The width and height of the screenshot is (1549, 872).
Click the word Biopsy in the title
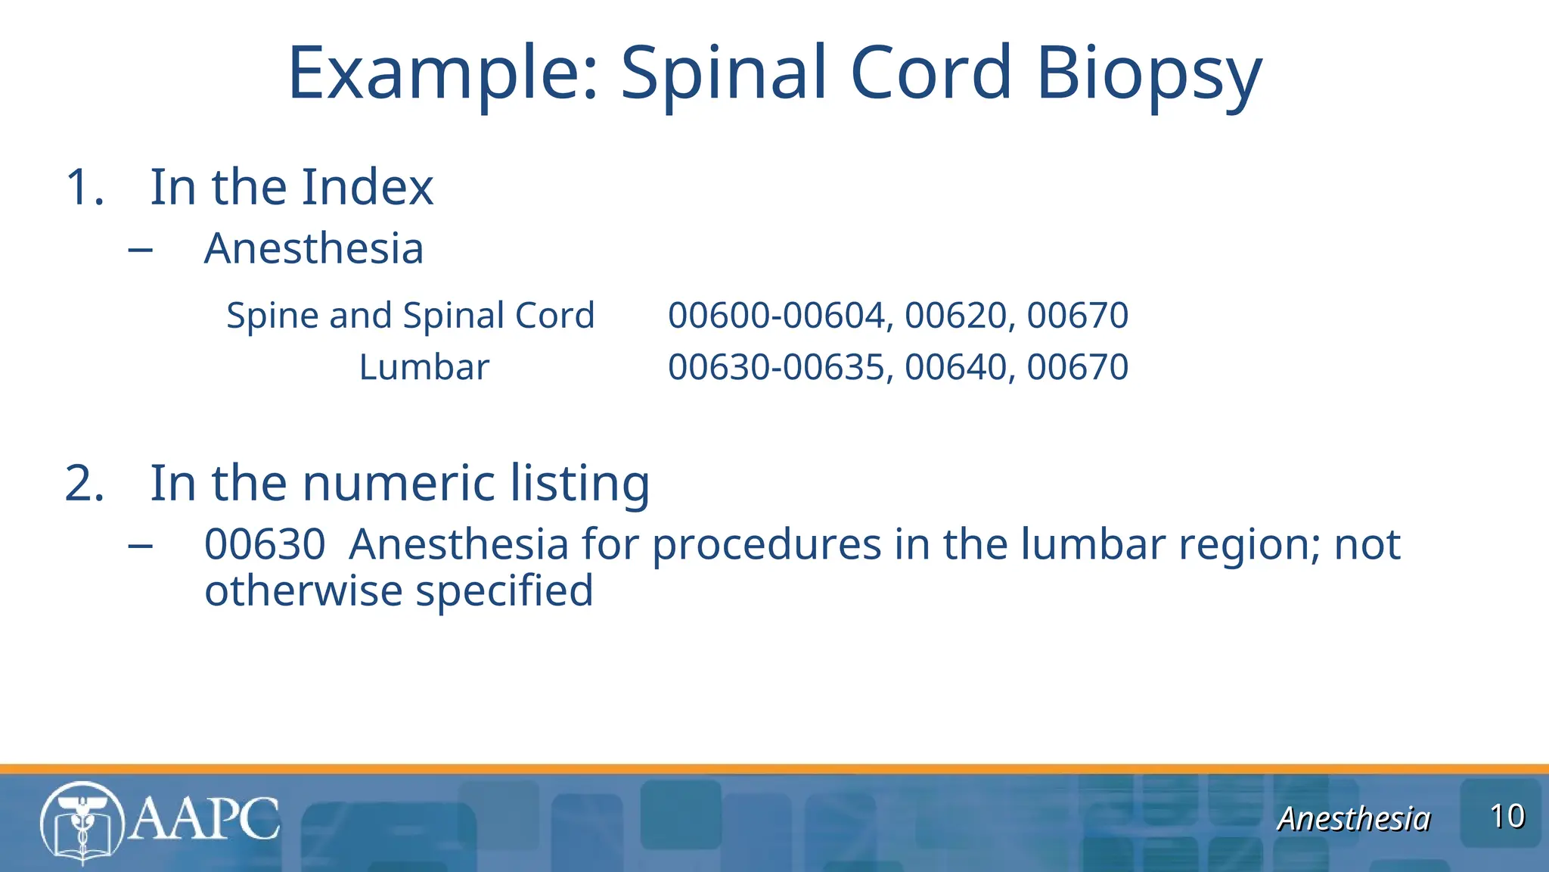[x=1148, y=74]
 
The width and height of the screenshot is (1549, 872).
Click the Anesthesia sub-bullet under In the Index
[x=313, y=248]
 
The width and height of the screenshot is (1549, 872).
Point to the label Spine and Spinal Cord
[x=410, y=315]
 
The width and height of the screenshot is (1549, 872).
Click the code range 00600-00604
[x=776, y=315]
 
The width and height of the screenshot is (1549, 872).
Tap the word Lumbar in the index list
[x=424, y=367]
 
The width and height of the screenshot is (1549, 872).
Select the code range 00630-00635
[x=776, y=367]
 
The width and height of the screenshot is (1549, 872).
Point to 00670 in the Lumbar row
[x=1077, y=367]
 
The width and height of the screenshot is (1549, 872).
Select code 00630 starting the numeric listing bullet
[x=265, y=544]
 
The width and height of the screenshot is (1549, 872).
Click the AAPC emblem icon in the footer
[x=82, y=822]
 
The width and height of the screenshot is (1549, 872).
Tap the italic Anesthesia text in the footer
[x=1353, y=819]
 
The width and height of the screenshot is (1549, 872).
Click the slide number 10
[x=1507, y=817]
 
